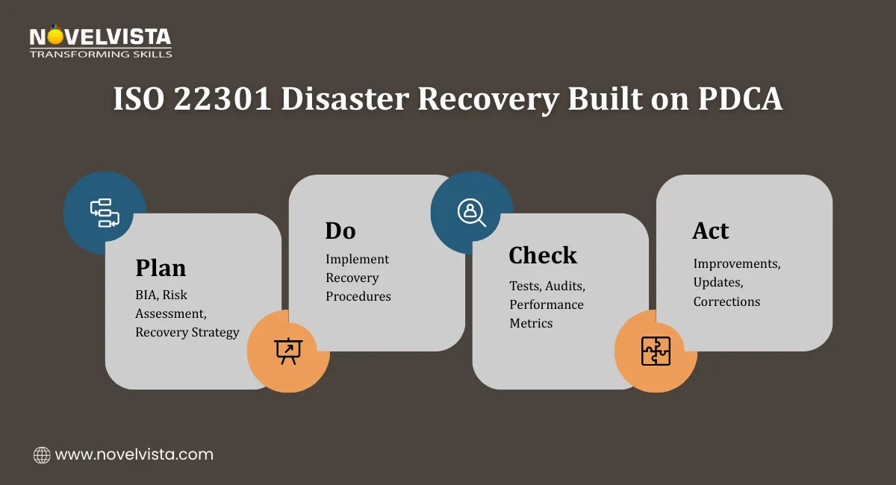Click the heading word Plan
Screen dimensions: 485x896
[x=161, y=268]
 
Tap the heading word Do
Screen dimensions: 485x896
[x=340, y=231]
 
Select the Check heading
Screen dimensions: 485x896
[x=542, y=256]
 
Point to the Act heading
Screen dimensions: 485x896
[x=709, y=231]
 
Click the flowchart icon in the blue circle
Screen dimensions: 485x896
[x=105, y=212]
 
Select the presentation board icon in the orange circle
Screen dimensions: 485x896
[x=287, y=351]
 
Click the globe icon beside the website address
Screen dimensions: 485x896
[x=43, y=454]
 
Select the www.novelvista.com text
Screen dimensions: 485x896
[x=134, y=454]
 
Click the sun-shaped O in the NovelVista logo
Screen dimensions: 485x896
[x=56, y=36]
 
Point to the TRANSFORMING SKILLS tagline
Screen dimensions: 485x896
[x=101, y=54]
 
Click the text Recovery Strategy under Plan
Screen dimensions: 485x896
[x=187, y=332]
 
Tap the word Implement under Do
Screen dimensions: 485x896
[x=357, y=259]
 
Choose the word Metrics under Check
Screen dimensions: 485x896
[x=531, y=323]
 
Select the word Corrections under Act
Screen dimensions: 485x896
[x=727, y=301]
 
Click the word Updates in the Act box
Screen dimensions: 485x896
[x=718, y=283]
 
